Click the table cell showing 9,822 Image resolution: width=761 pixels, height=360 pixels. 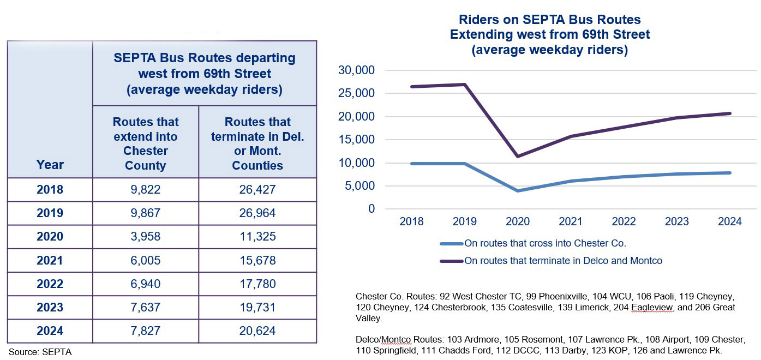point(145,190)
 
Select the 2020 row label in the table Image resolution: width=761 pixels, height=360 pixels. point(50,237)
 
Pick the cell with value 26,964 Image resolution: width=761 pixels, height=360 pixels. point(257,213)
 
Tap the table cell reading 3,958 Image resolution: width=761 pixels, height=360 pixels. point(145,237)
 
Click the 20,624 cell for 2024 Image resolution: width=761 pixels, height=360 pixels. point(257,331)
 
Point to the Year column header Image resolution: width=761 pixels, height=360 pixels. point(50,165)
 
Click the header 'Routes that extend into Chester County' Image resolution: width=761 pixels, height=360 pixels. point(145,143)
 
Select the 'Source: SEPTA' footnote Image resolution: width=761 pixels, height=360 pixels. point(40,352)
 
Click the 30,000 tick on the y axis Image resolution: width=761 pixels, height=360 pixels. point(356,70)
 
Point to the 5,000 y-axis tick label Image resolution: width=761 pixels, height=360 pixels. point(359,186)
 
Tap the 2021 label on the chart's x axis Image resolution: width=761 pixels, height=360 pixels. point(571,221)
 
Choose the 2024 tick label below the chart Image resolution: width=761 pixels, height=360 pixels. point(729,221)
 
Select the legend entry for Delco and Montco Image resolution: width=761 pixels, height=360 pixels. point(563,261)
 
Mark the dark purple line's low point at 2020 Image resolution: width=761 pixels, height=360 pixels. point(518,157)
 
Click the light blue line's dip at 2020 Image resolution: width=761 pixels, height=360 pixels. point(518,191)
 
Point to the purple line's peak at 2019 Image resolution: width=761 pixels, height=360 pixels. point(465,84)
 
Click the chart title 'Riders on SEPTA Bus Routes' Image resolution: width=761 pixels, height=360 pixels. point(549,20)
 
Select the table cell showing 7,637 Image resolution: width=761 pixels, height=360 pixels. point(145,308)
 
